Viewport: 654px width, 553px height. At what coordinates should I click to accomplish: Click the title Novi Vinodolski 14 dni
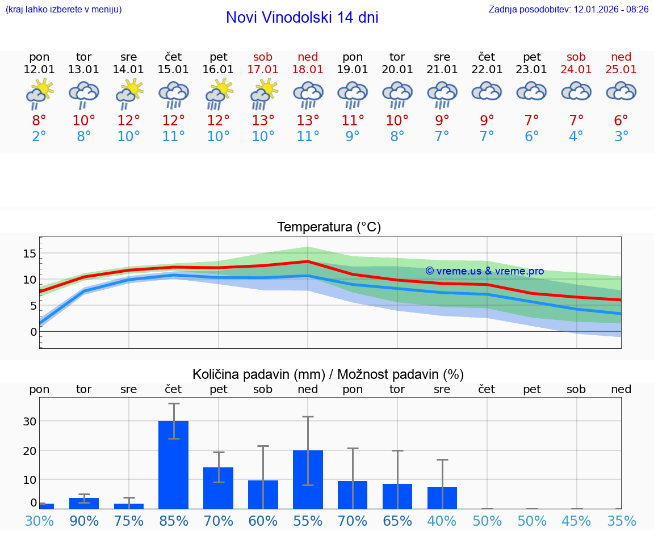click(x=302, y=18)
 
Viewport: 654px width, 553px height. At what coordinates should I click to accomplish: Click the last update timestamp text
click(x=568, y=9)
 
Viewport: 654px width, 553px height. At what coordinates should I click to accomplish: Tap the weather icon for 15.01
click(x=174, y=94)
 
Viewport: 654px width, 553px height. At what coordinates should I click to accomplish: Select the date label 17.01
click(x=263, y=69)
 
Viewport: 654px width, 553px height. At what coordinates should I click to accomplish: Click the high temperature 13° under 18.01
click(x=308, y=120)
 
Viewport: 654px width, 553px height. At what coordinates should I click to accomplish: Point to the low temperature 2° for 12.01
click(x=39, y=136)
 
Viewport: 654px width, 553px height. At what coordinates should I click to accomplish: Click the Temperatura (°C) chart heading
click(x=329, y=227)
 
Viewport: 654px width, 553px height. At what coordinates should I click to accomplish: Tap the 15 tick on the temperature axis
click(x=30, y=253)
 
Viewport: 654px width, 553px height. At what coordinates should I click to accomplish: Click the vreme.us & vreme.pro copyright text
click(x=484, y=271)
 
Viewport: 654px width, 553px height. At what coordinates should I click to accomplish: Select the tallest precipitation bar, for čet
click(x=173, y=465)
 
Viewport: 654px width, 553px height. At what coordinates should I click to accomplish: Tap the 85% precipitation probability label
click(x=174, y=521)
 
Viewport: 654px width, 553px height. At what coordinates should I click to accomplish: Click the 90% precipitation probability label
click(x=84, y=521)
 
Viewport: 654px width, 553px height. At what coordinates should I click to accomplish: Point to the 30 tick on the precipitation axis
click(x=30, y=421)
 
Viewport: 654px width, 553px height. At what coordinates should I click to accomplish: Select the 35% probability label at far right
click(x=621, y=521)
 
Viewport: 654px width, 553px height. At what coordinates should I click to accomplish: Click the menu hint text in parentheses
click(x=64, y=9)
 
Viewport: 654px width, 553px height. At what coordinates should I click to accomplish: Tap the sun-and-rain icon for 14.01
click(x=129, y=94)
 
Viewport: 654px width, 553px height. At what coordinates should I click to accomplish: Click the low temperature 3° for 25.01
click(x=621, y=136)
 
